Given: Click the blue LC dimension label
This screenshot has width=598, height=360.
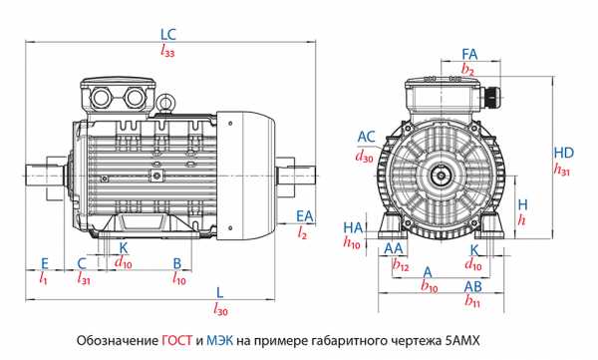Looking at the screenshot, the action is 168,34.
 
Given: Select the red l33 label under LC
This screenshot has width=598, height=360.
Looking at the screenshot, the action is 167,50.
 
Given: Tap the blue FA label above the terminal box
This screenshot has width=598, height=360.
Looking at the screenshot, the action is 469,54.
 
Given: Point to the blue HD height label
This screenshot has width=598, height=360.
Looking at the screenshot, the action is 564,153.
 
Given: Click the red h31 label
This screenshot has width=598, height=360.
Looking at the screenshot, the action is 562,169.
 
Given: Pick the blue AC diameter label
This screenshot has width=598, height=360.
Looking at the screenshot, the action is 366,137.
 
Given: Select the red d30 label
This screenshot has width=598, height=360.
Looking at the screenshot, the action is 364,156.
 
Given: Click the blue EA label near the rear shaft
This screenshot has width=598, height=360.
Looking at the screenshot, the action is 305,216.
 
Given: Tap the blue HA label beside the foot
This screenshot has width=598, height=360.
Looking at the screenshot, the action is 353,228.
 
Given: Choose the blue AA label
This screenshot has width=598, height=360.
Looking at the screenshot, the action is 394,248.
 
